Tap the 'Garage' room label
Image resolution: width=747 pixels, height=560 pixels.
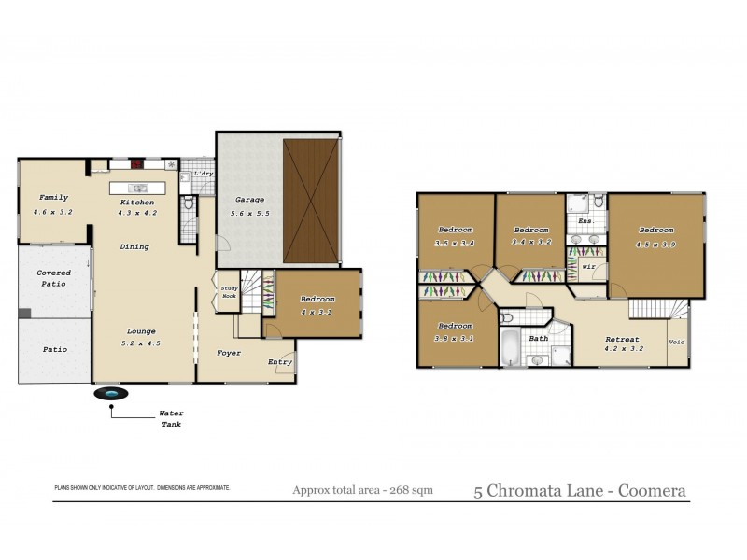coord(249,200)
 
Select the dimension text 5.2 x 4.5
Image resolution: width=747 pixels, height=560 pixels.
coord(142,343)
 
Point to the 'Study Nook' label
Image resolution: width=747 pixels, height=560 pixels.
coord(230,291)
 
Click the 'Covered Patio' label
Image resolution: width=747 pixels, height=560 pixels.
coord(53,277)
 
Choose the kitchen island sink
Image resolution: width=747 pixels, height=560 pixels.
coord(138,188)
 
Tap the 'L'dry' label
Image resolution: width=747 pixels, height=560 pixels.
coord(204,175)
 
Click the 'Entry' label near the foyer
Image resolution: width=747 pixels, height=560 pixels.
coord(280,362)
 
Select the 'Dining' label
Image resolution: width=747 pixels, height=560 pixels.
coord(134,247)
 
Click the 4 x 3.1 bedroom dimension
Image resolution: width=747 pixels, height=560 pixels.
coord(316,311)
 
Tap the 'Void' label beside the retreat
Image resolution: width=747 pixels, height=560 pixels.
coord(677,342)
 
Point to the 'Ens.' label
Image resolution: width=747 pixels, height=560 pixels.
coord(586,221)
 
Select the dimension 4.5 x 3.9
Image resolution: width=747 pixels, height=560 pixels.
coord(656,244)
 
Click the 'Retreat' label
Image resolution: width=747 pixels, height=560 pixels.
coord(622,339)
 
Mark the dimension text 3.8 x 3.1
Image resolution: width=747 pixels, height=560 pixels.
coord(455,338)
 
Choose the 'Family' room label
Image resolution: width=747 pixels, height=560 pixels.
coord(52,199)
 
